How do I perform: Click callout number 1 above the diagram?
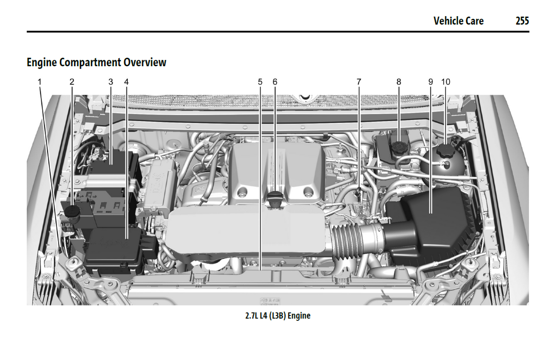click(40, 82)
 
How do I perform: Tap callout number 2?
click(72, 82)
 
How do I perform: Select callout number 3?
click(111, 82)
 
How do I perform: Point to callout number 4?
click(126, 82)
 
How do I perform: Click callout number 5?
click(260, 82)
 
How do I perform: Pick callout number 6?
click(275, 82)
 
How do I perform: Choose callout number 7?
click(359, 82)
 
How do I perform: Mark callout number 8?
click(399, 82)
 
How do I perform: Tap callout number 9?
click(431, 82)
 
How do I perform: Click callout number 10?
click(446, 82)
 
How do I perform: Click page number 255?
click(522, 21)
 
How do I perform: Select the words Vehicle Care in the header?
click(458, 21)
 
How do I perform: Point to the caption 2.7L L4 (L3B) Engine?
click(278, 316)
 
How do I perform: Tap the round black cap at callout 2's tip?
click(71, 211)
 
